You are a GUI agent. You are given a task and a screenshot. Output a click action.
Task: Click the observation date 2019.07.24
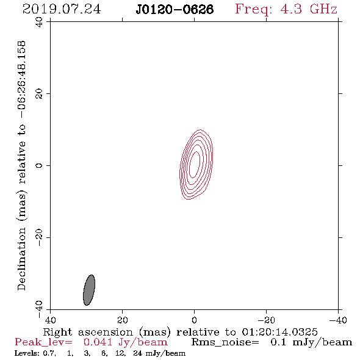62,9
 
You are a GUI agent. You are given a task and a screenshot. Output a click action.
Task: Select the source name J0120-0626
175,9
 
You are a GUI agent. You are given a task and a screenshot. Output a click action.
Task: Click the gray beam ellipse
89,290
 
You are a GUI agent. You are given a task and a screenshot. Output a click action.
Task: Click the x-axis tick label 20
123,320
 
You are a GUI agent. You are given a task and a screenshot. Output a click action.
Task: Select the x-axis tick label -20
266,320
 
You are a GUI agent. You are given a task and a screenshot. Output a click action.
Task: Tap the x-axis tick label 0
194,320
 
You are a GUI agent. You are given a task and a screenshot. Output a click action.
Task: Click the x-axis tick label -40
338,320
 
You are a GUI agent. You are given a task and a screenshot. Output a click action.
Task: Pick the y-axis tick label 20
39,94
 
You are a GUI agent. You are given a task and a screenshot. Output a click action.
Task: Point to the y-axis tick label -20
39,237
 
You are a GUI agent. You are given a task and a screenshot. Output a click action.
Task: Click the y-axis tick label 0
39,165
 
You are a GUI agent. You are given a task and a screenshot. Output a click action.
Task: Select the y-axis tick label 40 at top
39,22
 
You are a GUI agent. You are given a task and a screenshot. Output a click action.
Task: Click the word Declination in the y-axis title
21,259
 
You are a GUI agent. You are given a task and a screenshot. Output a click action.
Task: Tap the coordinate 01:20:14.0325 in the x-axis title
279,332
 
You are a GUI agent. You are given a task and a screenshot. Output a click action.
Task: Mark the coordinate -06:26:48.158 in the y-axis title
21,79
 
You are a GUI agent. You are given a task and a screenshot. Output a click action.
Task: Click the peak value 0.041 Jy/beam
125,342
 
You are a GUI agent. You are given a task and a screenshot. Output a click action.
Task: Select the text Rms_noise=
225,342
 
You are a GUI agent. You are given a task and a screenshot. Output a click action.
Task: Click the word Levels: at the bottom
27,353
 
